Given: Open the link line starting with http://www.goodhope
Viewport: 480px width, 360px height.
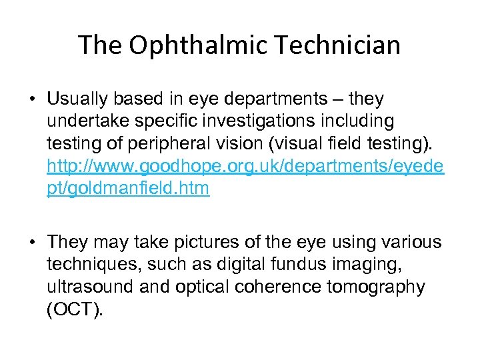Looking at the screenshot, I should click(x=245, y=167).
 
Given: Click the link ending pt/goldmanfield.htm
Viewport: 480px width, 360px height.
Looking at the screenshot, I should click(x=128, y=189).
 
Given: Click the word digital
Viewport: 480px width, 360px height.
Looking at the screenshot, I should click(x=235, y=265).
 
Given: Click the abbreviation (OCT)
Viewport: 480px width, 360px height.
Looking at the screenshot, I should click(x=75, y=309).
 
